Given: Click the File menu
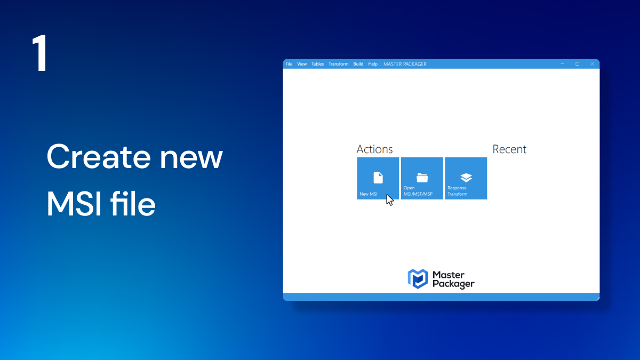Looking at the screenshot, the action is click(289, 64).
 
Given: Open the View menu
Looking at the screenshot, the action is click(302, 64).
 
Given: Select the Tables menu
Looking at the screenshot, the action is click(317, 64).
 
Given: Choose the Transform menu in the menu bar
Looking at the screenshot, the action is click(338, 64).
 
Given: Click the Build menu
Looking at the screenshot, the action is click(358, 64).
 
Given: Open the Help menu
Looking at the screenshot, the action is click(373, 64).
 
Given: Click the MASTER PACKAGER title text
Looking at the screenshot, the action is click(405, 64).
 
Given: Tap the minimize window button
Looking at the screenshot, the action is click(562, 63).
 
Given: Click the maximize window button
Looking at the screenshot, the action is click(577, 63).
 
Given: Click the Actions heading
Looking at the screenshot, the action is click(374, 149).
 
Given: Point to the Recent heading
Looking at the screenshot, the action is click(509, 149).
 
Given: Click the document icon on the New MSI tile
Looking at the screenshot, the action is click(378, 178).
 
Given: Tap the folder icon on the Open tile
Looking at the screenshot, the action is click(422, 178).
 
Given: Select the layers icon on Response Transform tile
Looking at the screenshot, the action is click(466, 178).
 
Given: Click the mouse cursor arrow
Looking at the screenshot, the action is click(390, 200).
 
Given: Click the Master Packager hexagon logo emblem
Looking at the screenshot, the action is click(418, 279).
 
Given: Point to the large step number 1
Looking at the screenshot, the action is click(40, 53).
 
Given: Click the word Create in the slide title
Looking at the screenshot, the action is click(99, 157).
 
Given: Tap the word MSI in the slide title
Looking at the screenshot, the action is click(74, 204).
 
